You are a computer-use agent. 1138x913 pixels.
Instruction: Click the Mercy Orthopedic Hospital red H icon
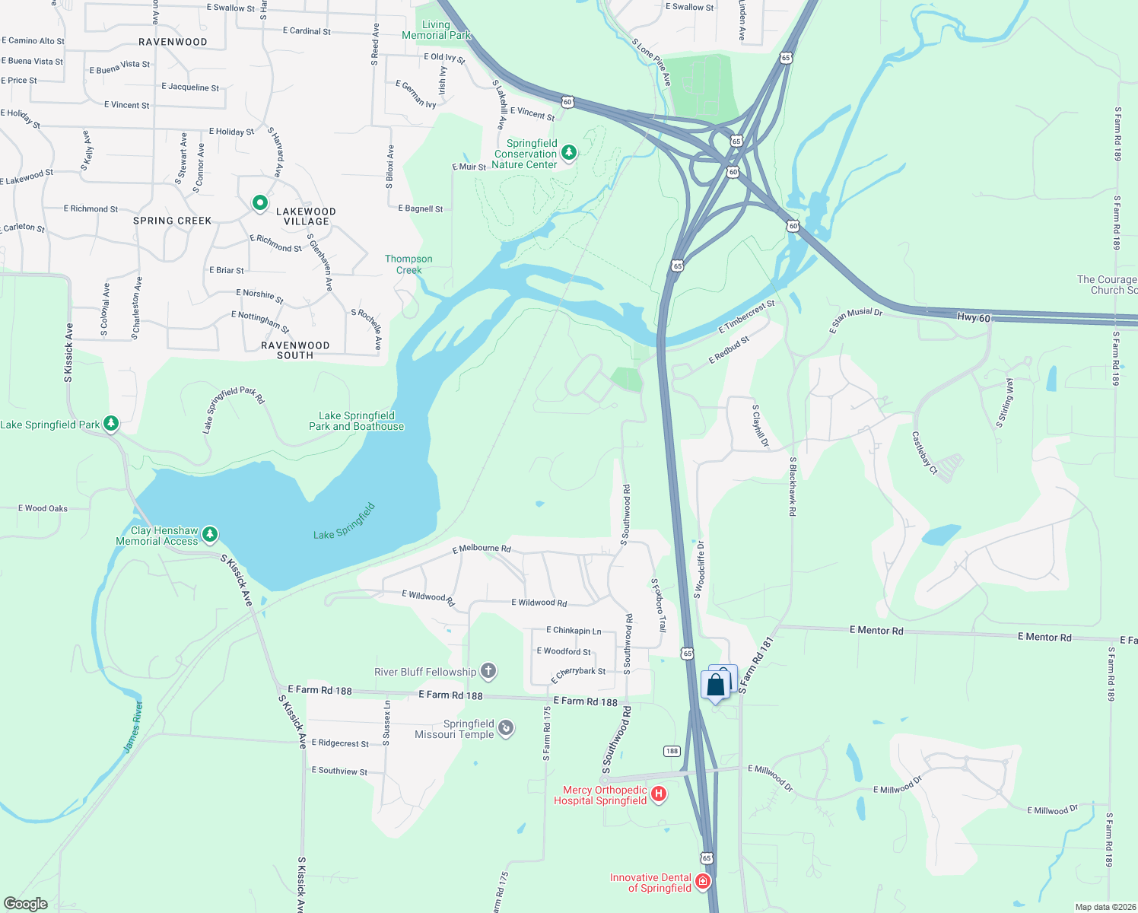(659, 794)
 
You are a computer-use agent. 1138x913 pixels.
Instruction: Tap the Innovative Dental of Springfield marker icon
(703, 882)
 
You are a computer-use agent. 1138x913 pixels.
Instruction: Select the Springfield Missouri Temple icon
(506, 728)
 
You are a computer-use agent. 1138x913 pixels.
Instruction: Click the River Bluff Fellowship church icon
(488, 671)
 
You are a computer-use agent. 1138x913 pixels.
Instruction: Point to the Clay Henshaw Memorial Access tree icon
(210, 535)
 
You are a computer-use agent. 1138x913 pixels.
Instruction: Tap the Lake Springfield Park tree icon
(111, 423)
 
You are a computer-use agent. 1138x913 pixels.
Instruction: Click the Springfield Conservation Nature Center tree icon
(568, 153)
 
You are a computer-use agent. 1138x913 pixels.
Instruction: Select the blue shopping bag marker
(716, 686)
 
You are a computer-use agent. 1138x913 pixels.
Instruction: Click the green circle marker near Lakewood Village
(260, 202)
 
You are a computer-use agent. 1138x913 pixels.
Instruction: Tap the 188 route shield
(672, 751)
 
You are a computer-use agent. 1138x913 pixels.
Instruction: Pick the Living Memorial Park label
(436, 30)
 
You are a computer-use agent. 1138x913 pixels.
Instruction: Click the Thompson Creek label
(408, 264)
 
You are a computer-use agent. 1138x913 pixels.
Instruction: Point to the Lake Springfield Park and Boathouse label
(356, 421)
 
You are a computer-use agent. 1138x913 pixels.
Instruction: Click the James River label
(133, 727)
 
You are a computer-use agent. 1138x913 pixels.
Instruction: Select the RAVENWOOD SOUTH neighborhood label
(295, 350)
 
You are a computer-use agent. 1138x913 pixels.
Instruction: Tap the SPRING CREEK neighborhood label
(172, 221)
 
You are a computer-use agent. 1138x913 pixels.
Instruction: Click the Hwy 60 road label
(974, 317)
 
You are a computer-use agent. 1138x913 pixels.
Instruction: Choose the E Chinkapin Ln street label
(574, 631)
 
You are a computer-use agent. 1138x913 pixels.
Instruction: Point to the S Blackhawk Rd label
(792, 486)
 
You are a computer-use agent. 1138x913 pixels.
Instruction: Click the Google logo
(26, 903)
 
